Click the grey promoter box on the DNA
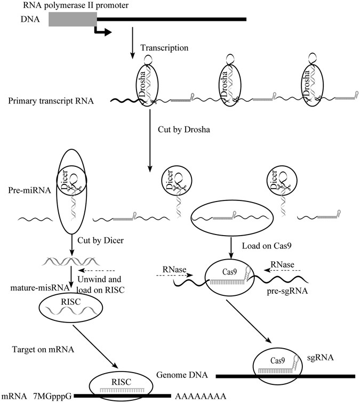coord(72,19)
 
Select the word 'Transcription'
coord(164,48)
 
